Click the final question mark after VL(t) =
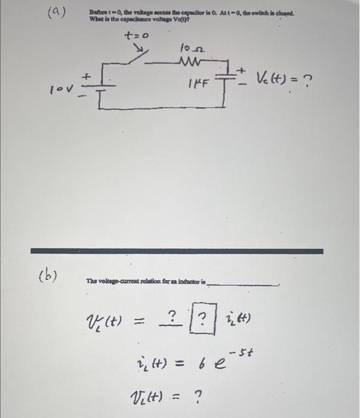[x=198, y=395]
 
